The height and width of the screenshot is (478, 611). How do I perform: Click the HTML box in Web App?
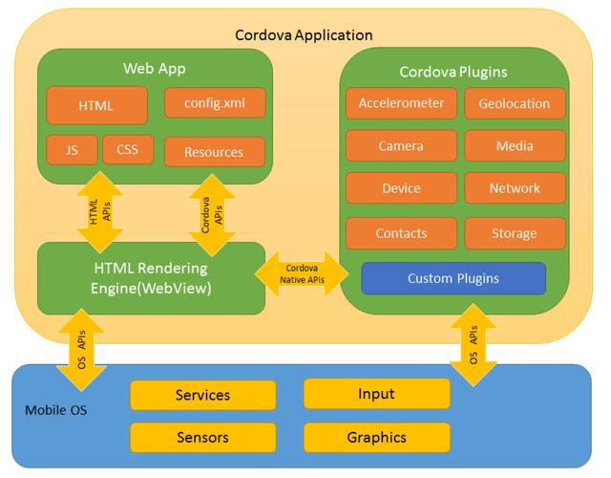96,105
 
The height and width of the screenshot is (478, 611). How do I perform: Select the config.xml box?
215,102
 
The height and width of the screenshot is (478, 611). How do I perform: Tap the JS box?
72,150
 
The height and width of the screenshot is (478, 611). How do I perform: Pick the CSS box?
128,149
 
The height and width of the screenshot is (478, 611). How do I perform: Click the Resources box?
215,152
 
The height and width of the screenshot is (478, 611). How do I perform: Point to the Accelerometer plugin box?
401,103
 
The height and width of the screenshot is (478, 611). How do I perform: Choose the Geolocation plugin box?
516,103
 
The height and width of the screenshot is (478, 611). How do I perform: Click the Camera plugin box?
401,145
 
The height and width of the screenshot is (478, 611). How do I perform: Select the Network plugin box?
516,188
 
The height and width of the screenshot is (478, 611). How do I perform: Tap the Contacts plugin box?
401,233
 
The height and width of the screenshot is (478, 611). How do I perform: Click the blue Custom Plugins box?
453,278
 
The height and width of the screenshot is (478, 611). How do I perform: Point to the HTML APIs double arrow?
100,212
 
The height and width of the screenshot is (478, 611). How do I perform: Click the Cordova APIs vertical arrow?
212,215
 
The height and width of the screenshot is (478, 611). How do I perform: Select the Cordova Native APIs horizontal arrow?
302,274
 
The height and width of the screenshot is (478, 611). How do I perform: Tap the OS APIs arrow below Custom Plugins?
474,345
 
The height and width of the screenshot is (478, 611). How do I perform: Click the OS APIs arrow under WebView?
81,350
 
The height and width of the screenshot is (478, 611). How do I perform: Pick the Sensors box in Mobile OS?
203,438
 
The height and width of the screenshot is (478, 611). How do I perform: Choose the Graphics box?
377,438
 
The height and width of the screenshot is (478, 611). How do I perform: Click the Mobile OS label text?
56,410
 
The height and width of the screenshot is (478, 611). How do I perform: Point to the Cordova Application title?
304,35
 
